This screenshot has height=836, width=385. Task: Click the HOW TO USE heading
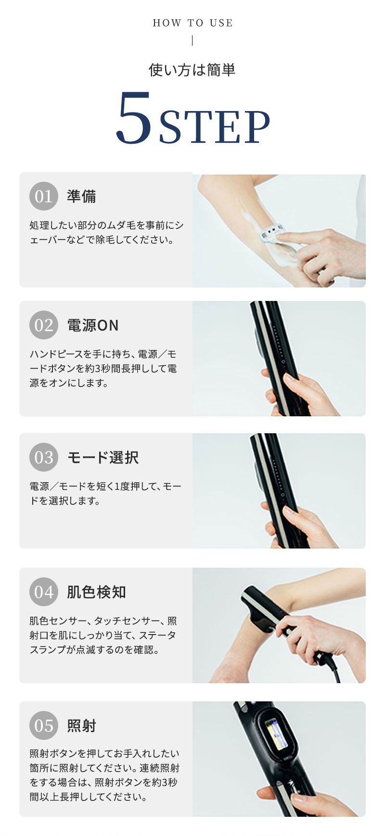[192, 23]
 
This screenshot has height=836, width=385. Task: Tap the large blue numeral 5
[134, 118]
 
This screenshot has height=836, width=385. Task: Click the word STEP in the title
[214, 126]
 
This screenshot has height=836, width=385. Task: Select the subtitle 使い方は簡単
[192, 70]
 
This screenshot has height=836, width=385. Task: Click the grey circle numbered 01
[44, 196]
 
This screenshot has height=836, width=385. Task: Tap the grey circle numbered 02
[44, 325]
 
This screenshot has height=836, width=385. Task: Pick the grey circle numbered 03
[44, 457]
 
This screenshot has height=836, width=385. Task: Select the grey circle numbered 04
[44, 592]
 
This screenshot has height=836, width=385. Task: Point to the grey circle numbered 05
[44, 725]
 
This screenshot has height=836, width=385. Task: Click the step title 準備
[81, 196]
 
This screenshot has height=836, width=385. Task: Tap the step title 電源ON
[93, 325]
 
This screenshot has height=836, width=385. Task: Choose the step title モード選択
[103, 457]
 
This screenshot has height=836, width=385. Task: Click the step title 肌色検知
[96, 592]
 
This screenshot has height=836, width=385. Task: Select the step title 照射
[81, 725]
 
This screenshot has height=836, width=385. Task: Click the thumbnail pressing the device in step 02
[290, 378]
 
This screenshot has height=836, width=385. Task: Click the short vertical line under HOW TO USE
[192, 41]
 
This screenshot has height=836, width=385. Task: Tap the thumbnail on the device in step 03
[290, 511]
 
